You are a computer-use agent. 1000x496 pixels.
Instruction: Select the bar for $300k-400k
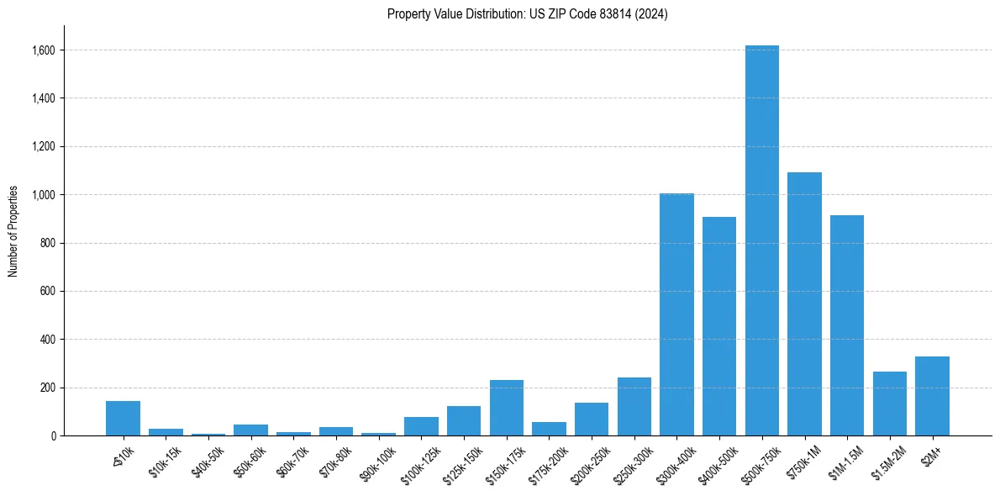(x=676, y=314)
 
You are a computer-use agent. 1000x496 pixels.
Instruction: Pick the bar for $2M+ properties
(x=932, y=396)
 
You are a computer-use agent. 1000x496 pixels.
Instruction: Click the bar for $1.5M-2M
(x=889, y=404)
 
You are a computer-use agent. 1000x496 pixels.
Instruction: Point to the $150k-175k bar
(x=506, y=408)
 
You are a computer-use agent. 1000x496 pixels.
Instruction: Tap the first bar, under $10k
(x=123, y=418)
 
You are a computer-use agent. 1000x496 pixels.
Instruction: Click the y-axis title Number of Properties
(x=13, y=231)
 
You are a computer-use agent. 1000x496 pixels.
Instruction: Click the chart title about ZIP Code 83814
(x=527, y=14)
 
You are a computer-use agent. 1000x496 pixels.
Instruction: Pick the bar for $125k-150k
(x=463, y=421)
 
